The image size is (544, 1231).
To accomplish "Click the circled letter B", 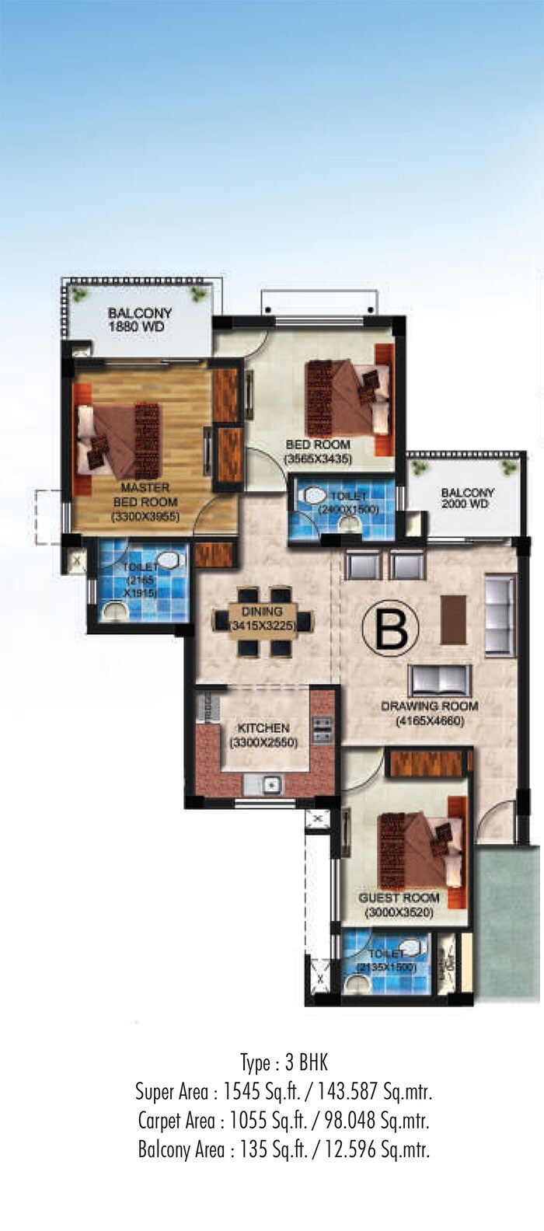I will click(x=391, y=629).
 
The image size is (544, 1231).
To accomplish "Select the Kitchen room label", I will click(x=263, y=728).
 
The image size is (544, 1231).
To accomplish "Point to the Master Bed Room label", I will click(x=145, y=494).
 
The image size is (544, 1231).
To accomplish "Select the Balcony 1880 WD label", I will click(x=140, y=319).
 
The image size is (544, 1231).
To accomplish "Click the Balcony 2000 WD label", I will click(x=467, y=498).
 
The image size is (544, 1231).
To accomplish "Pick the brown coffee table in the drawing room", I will click(x=453, y=619).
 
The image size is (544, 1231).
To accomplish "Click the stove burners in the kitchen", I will click(x=322, y=728).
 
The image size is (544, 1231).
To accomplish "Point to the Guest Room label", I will click(x=399, y=898).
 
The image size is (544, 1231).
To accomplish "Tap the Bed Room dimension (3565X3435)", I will click(x=318, y=459).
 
